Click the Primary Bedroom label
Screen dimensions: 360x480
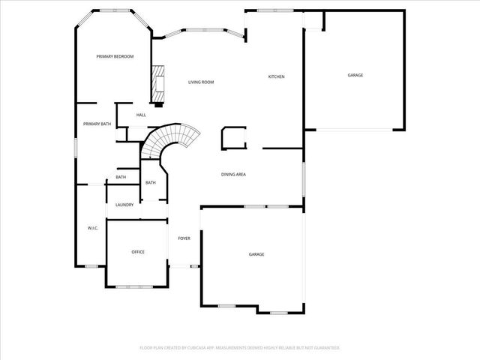click(115, 56)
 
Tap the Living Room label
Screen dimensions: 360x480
click(201, 82)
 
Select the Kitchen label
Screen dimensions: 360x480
click(277, 76)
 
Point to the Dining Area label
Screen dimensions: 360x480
click(233, 175)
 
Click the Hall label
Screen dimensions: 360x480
click(141, 115)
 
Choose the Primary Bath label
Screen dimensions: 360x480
click(97, 124)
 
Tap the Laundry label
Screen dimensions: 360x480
click(124, 205)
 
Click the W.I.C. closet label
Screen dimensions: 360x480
click(94, 228)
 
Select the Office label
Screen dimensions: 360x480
click(138, 252)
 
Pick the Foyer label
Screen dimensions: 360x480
click(184, 238)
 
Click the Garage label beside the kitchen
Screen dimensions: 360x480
click(355, 75)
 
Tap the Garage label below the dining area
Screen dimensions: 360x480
click(256, 255)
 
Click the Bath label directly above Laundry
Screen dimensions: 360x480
click(121, 178)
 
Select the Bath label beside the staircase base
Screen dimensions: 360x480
click(151, 183)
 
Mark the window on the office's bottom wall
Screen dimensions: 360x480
click(138, 287)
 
